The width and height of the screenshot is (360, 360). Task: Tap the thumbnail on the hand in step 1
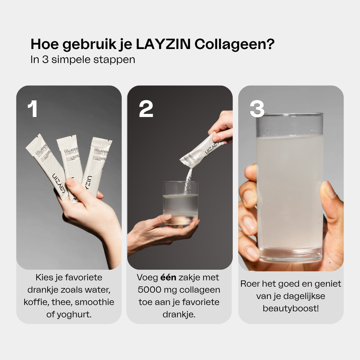click(71, 182)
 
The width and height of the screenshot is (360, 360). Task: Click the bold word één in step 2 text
click(169, 278)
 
